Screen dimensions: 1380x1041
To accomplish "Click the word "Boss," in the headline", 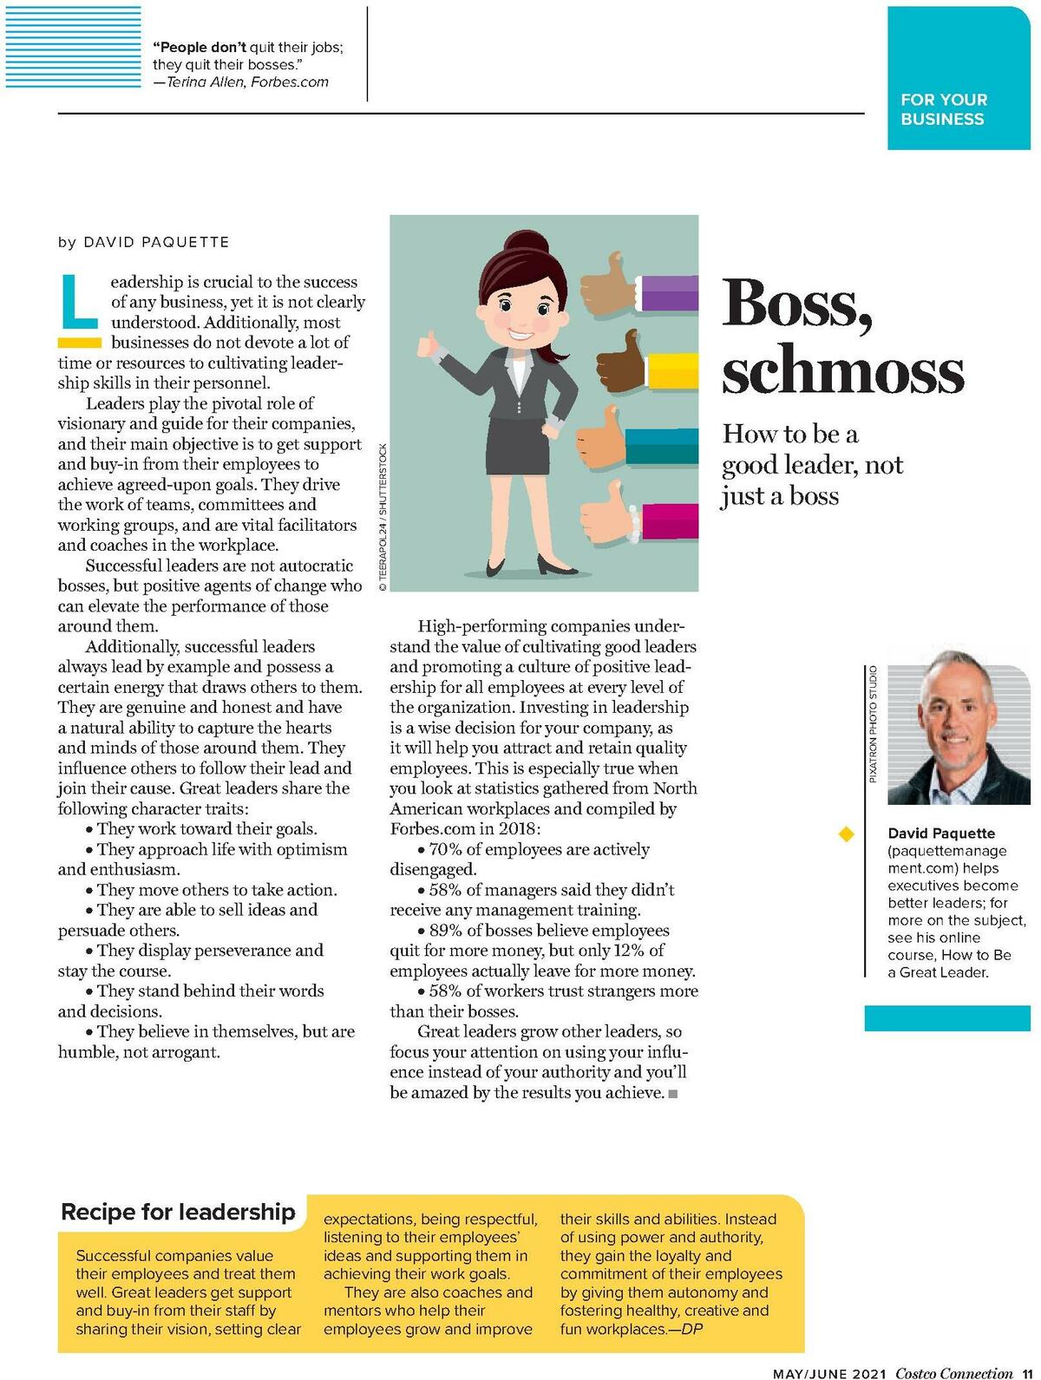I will point(796,304).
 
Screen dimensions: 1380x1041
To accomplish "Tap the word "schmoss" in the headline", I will point(841,370).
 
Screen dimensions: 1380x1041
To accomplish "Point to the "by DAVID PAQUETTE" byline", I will point(144,242).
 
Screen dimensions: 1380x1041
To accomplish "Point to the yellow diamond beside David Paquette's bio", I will point(846,834).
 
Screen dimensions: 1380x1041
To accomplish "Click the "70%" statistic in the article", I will point(447,850).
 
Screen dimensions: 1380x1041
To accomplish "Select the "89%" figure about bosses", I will point(447,931).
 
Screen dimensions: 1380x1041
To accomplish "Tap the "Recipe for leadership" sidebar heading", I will point(178,1212).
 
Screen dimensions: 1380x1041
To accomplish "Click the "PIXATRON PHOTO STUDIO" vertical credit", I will point(873,724).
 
